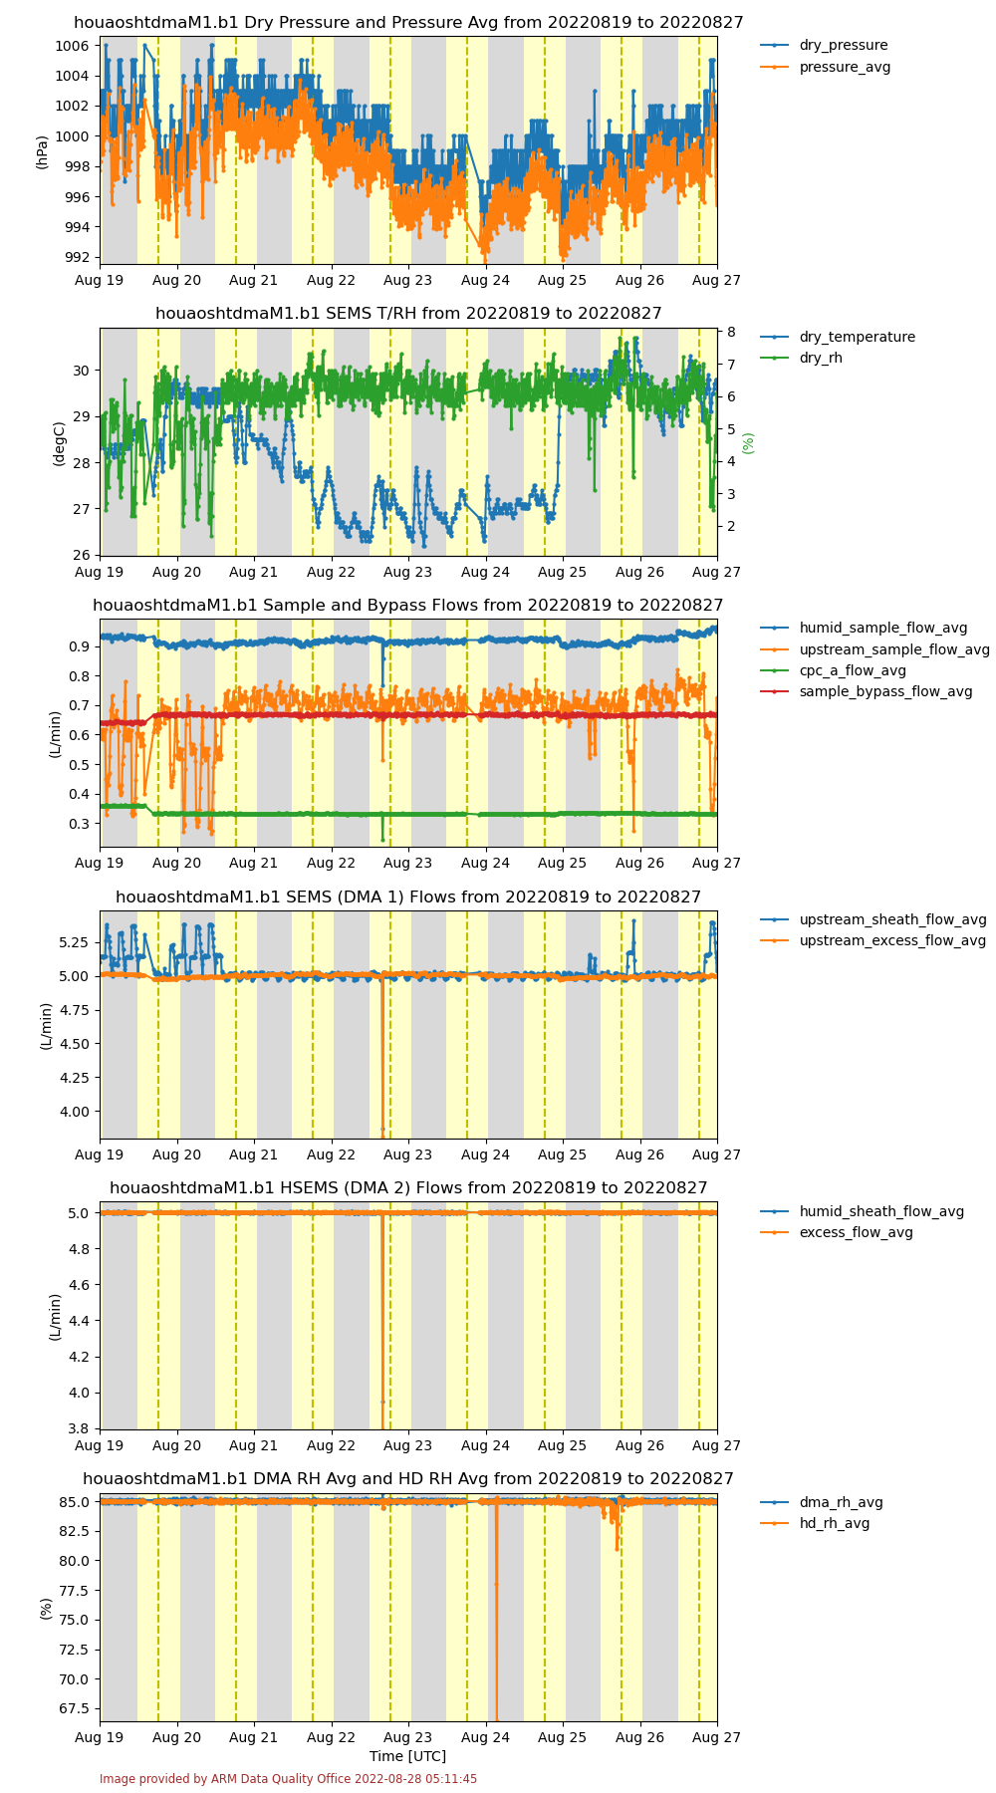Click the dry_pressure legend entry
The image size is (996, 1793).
[x=824, y=46]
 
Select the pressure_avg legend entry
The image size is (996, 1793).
[x=825, y=67]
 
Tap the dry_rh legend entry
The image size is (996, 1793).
[x=802, y=358]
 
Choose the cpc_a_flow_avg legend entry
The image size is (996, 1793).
[x=833, y=670]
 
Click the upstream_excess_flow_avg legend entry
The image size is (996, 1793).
[x=873, y=940]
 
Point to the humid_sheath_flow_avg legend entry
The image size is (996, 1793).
[x=863, y=1211]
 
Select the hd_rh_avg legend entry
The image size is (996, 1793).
[x=815, y=1523]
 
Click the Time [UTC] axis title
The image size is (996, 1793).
[x=408, y=1756]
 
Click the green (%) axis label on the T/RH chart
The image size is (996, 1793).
[x=749, y=443]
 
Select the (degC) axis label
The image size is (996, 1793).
[x=59, y=443]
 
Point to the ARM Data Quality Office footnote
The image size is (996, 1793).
[x=289, y=1779]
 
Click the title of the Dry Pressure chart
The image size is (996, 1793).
[x=408, y=23]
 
